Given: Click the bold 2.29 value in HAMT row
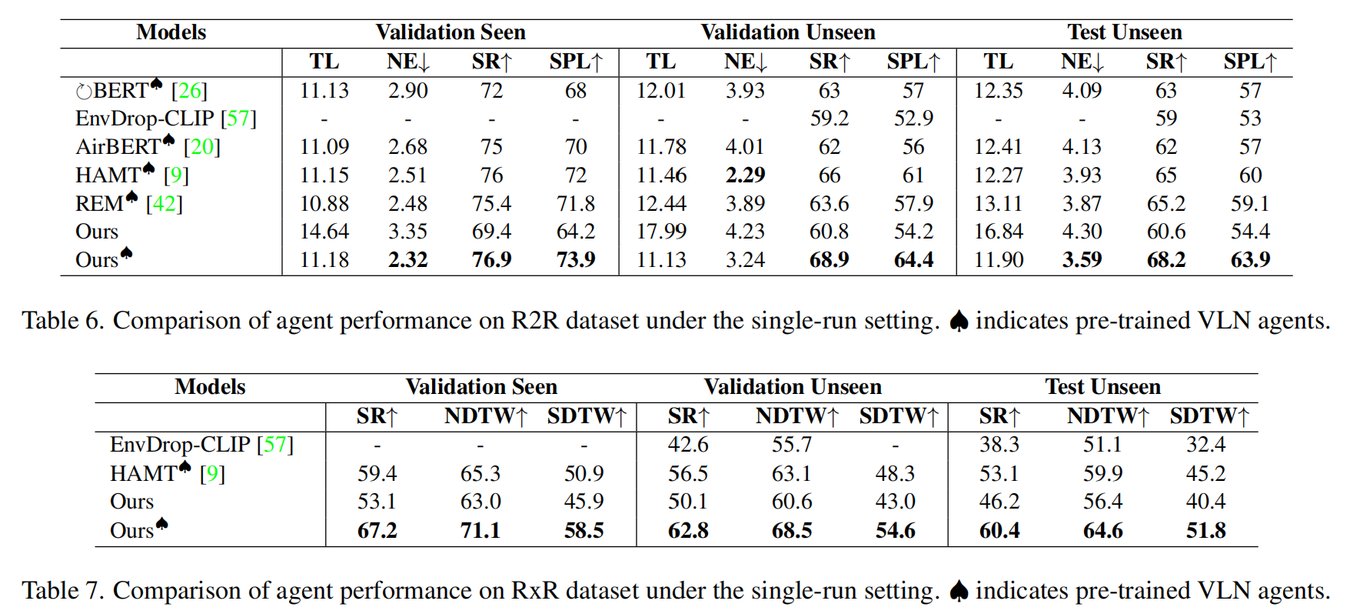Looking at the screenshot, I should point(744,175).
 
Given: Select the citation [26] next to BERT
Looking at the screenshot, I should point(189,91).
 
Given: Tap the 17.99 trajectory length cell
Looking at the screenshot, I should point(660,232).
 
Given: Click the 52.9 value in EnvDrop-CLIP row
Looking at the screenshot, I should point(913,118).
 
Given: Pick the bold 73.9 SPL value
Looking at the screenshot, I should point(575,260).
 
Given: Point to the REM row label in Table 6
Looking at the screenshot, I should point(100,204).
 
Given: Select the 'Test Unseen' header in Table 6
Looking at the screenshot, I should point(1123,32).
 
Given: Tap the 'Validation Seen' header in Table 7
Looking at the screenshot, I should point(480,386).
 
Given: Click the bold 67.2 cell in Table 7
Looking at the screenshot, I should point(377,531).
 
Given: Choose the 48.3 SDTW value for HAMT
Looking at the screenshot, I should point(895,474).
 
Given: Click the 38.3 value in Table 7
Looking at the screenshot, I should point(999,445).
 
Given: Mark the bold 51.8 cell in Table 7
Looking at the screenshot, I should point(1205,531).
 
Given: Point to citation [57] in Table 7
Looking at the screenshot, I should point(275,445).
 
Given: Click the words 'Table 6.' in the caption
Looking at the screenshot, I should point(62,321).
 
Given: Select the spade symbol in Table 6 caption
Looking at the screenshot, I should point(958,321).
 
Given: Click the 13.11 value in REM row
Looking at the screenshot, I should point(998,204).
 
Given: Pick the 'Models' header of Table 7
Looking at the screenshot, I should point(209,386).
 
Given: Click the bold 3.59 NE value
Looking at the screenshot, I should point(1081,260).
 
